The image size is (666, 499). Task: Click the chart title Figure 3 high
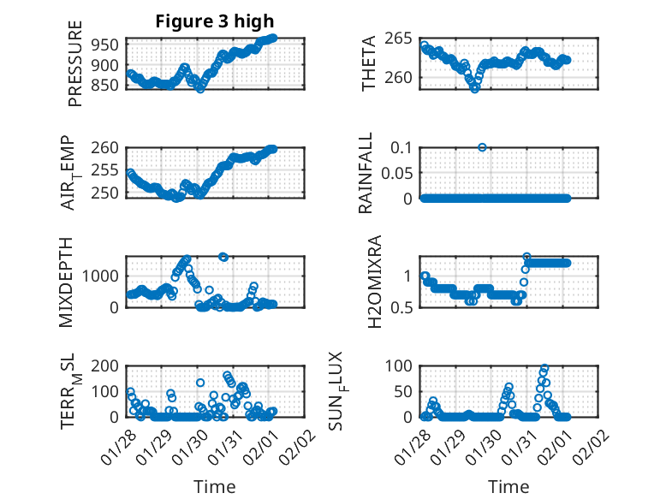[x=214, y=21]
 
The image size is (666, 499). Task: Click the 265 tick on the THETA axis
[x=401, y=38]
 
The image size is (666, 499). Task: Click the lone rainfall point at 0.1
[x=483, y=147]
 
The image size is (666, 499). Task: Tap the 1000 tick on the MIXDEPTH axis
[x=101, y=276]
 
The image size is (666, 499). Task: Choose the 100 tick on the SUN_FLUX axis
[x=401, y=365]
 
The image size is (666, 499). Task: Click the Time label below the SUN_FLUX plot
[x=508, y=487]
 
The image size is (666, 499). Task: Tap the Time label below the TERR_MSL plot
[x=214, y=487]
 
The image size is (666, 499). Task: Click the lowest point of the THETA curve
[x=475, y=88]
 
